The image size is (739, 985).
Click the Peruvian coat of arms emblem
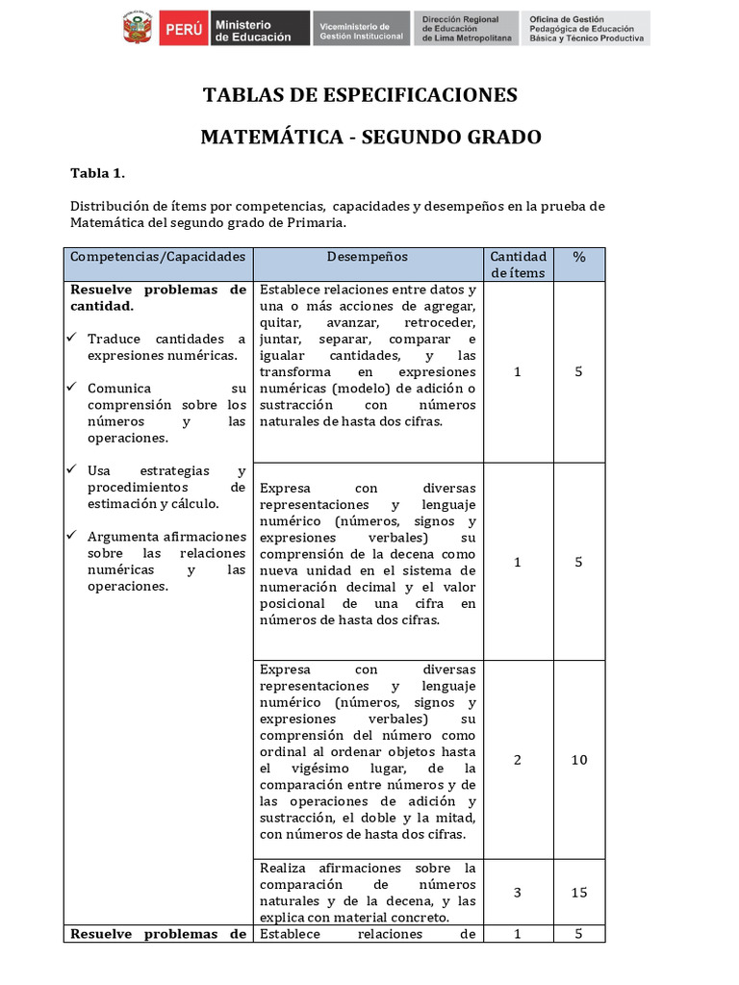138,29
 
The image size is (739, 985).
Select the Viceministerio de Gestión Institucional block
361,29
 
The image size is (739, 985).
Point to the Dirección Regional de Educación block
466,29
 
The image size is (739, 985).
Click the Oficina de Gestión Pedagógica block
585,29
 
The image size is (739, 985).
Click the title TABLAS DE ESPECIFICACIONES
360,95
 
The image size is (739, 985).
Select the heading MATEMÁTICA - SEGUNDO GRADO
370,138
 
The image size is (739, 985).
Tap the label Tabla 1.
98,173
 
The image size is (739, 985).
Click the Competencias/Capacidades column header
159,258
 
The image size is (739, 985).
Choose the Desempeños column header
367,258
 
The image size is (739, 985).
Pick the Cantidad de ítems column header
518,265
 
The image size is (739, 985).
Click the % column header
578,258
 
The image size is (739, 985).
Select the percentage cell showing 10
578,760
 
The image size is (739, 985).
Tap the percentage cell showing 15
578,893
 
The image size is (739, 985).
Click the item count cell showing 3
518,893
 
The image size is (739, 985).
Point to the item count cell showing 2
518,760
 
